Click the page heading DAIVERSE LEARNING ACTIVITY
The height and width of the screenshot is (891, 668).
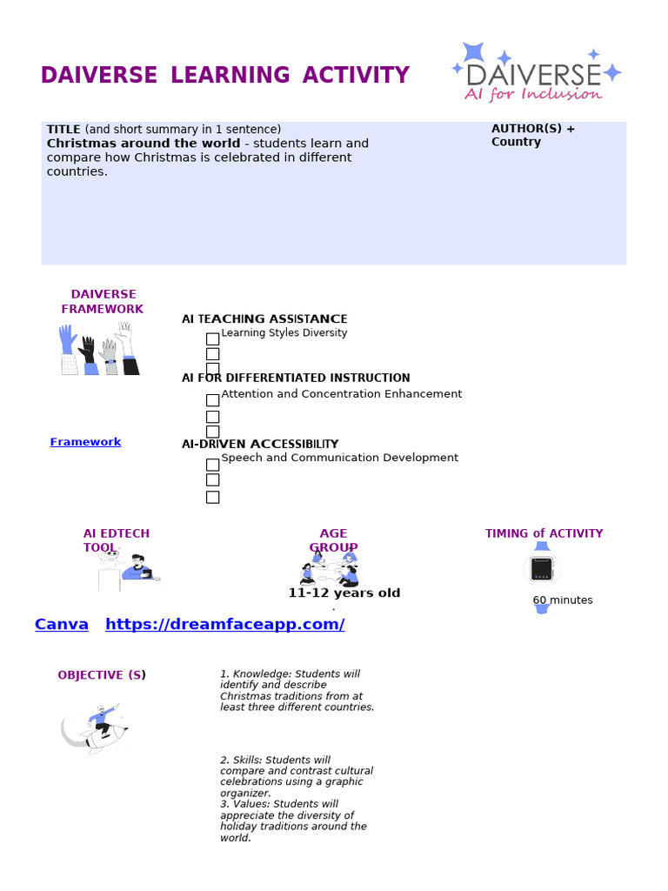[224, 76]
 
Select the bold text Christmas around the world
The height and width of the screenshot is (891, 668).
[144, 144]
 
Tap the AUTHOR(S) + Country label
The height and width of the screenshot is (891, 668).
[532, 135]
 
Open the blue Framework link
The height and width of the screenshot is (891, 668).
[85, 442]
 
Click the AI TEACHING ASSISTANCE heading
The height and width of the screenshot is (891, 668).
[264, 319]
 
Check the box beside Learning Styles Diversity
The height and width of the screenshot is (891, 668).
[212, 338]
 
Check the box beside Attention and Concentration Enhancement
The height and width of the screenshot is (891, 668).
[212, 400]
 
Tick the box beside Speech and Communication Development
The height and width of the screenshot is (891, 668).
[212, 464]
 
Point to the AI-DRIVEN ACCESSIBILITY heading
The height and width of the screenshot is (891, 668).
[260, 444]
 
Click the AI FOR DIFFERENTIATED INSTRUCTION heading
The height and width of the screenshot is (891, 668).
[296, 378]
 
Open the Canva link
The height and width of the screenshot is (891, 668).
[62, 624]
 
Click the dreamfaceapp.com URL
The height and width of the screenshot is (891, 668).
[224, 624]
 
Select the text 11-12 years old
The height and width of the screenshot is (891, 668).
[344, 593]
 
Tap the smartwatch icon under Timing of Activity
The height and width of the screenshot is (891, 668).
[542, 569]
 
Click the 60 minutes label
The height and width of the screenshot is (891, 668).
[563, 600]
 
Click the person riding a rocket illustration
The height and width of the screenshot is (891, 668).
[95, 727]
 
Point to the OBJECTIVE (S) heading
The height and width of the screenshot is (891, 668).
[102, 675]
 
